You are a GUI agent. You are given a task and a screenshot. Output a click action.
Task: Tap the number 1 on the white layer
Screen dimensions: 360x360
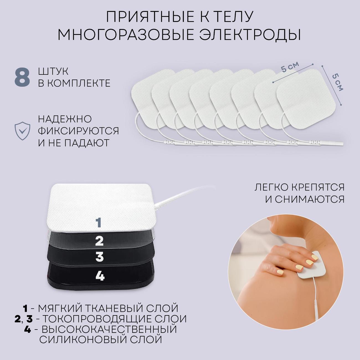tap(99, 222)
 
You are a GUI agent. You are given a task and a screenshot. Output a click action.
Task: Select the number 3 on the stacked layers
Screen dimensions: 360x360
tap(99, 257)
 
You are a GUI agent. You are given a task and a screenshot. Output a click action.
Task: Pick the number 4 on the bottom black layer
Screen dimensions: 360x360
tap(100, 276)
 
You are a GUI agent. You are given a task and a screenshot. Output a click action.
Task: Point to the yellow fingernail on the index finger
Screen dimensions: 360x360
tap(314, 257)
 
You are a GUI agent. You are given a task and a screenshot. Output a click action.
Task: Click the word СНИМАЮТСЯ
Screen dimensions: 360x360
tap(305, 199)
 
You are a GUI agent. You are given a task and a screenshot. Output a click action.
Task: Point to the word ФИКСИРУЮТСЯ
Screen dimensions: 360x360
tap(78, 131)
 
